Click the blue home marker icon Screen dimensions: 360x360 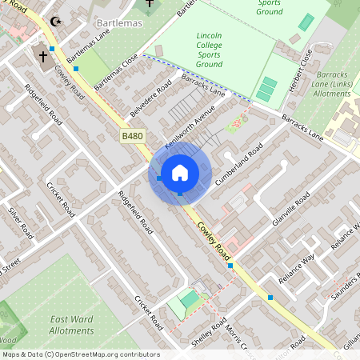180,173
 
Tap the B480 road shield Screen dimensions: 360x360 133,137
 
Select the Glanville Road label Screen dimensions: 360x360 290,210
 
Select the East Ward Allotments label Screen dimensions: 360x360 71,324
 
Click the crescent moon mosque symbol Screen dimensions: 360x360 55,22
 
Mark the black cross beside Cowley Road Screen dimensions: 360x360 42,56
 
